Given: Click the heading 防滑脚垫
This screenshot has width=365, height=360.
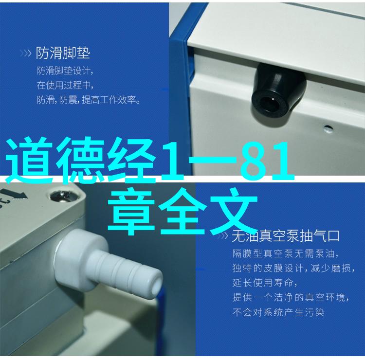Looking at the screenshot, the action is [x=63, y=53].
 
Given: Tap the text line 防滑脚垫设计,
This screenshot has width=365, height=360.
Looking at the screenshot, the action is [x=65, y=71].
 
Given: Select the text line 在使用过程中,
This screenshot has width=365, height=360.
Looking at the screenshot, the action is [x=65, y=85].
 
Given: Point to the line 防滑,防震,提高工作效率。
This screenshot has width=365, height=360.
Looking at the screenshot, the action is [x=89, y=100].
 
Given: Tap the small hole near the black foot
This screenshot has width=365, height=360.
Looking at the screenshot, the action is [x=328, y=128].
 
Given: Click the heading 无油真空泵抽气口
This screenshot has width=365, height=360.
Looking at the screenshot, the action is [x=286, y=236].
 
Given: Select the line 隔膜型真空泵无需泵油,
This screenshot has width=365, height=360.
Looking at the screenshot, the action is [x=286, y=253].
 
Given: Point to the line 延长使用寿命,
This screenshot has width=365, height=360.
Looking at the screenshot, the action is [x=265, y=283].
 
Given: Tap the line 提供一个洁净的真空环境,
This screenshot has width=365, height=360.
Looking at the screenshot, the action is [x=291, y=297].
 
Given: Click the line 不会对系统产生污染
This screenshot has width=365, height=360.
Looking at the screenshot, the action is [x=278, y=312].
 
